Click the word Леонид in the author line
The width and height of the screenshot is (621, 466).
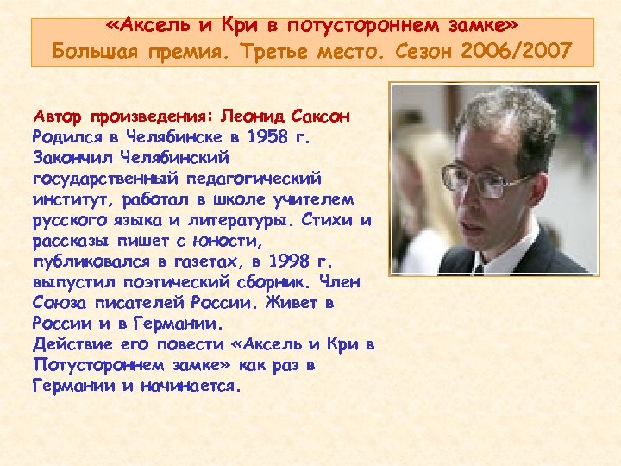click(x=252, y=116)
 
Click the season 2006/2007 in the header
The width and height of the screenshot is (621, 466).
click(x=524, y=51)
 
